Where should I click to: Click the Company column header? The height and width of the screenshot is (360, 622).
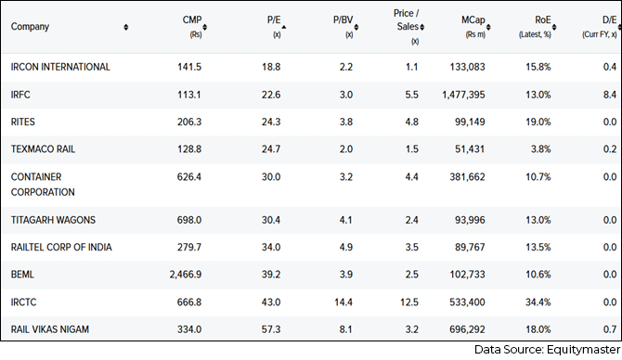point(30,27)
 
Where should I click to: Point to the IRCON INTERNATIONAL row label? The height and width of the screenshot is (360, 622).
point(60,67)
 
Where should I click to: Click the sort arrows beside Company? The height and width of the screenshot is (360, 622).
point(126,27)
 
